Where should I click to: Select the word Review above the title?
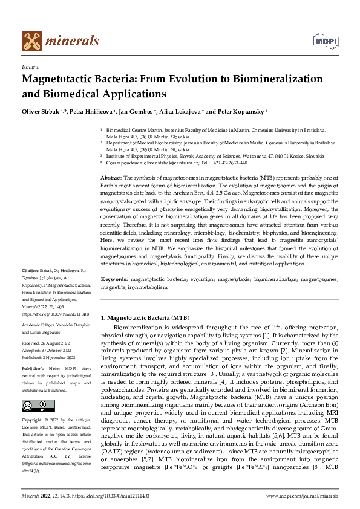pos(30,67)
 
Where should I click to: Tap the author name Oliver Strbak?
pos(42,112)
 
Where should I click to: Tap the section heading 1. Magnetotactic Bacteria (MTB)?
pos(145,317)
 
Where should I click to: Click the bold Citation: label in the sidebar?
pos(30,287)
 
